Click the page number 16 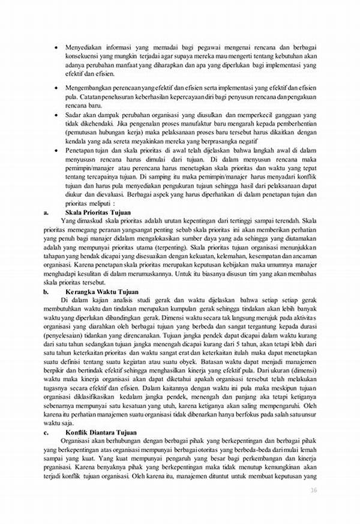pos(313,489)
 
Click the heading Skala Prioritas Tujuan pos(92,212)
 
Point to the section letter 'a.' pos(47,212)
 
